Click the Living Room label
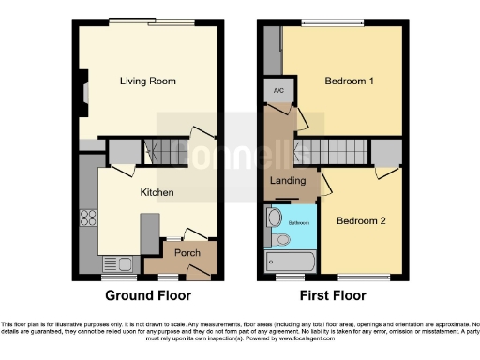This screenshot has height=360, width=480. point(148,82)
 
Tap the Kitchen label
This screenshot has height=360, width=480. point(156,192)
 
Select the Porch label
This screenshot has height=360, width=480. point(187,252)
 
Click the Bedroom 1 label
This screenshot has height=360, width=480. point(350,82)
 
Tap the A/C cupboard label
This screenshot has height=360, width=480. point(278,91)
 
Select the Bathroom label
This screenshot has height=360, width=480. point(299,222)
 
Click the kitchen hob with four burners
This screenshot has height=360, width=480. point(90,217)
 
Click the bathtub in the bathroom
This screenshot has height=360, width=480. point(291,262)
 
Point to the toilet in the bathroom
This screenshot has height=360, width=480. point(280,239)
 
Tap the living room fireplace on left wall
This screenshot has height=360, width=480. point(83,93)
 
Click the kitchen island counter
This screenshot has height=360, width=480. point(148,232)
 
